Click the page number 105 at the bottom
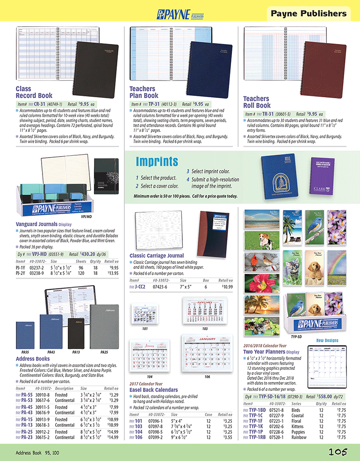pyautogui.click(x=337, y=452)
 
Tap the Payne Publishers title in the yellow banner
pyautogui.click(x=309, y=14)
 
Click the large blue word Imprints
pyautogui.click(x=157, y=162)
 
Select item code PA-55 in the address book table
pyautogui.click(x=26, y=395)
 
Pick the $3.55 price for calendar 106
pyautogui.click(x=226, y=438)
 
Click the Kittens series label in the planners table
pyautogui.click(x=297, y=426)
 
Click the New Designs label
pyautogui.click(x=327, y=341)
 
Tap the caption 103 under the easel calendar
pyautogui.click(x=205, y=328)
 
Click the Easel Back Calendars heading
pyautogui.click(x=153, y=389)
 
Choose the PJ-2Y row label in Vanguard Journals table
pyautogui.click(x=20, y=272)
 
